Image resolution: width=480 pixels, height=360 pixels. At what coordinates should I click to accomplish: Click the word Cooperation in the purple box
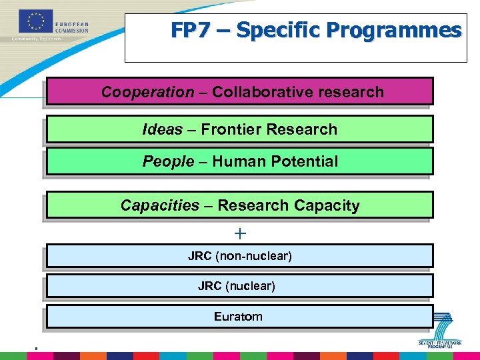(x=147, y=92)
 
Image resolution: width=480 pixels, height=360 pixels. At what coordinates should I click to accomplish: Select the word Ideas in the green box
(x=162, y=129)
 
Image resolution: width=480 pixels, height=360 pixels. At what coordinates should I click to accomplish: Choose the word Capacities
(x=160, y=205)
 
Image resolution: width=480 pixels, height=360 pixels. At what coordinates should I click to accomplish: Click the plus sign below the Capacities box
(x=240, y=234)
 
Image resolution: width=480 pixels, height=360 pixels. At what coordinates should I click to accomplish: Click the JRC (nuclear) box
(x=239, y=286)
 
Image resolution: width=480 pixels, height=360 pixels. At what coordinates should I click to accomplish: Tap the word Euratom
(x=238, y=317)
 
